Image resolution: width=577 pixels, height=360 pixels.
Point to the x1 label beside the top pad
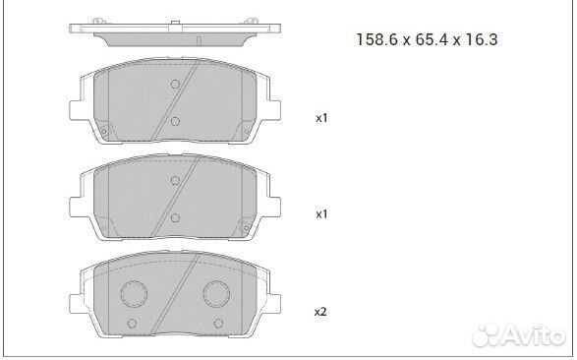tap(319, 118)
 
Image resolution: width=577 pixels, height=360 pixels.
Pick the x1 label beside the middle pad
tap(319, 212)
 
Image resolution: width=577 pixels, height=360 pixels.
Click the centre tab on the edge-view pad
tap(173, 23)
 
